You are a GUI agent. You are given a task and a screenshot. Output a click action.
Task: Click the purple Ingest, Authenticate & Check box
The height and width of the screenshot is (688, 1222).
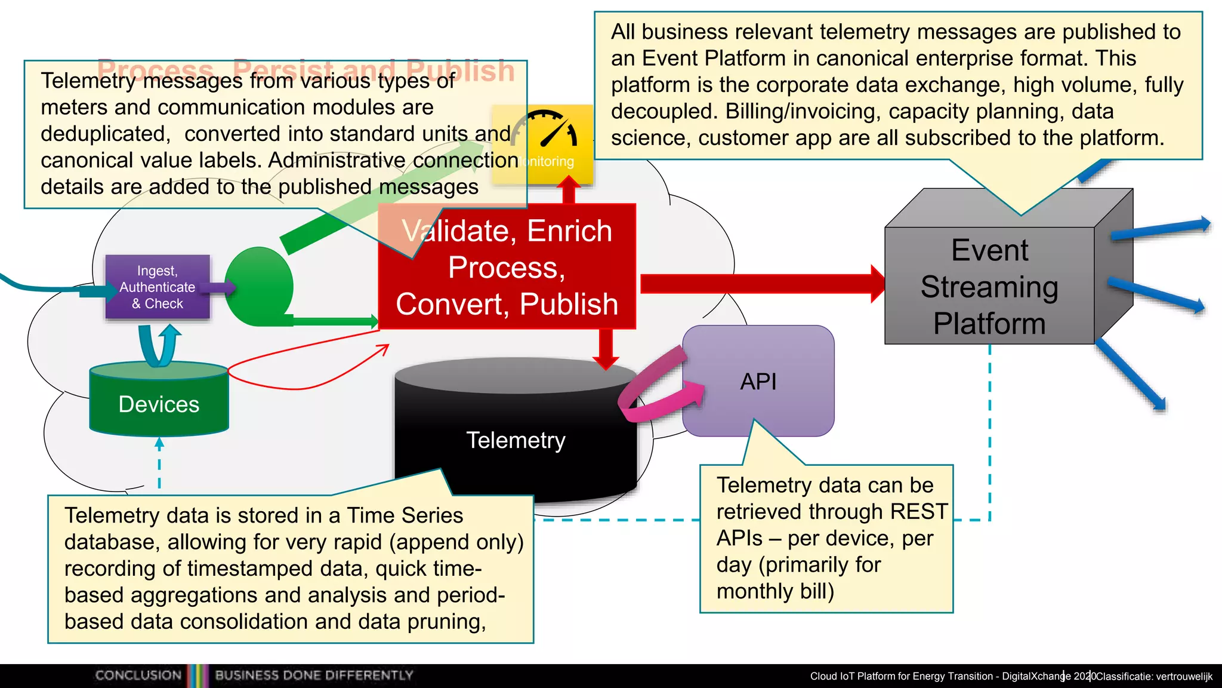click(x=158, y=287)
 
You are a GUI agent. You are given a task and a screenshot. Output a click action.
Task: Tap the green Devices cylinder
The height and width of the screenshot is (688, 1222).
click(x=159, y=404)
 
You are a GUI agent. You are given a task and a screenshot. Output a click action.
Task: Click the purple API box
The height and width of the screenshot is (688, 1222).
click(x=758, y=381)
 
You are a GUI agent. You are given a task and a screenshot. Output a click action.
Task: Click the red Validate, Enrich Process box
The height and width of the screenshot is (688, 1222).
click(x=507, y=268)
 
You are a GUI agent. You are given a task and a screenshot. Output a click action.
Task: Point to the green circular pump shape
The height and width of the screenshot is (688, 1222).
click(x=260, y=287)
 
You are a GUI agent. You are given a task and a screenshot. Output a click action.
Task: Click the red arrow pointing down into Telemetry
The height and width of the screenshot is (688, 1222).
click(x=606, y=349)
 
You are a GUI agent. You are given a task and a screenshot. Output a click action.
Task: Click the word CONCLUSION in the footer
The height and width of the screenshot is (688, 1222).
click(x=138, y=675)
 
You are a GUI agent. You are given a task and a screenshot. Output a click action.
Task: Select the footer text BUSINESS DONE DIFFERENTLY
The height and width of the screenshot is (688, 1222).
click(x=314, y=675)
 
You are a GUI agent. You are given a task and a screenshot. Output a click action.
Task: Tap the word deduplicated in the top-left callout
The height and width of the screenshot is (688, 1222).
click(x=105, y=134)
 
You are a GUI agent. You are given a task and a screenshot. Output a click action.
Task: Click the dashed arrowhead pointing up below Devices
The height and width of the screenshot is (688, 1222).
click(x=159, y=443)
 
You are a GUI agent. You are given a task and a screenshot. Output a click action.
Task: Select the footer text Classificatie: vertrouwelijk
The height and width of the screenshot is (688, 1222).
click(x=1154, y=677)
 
